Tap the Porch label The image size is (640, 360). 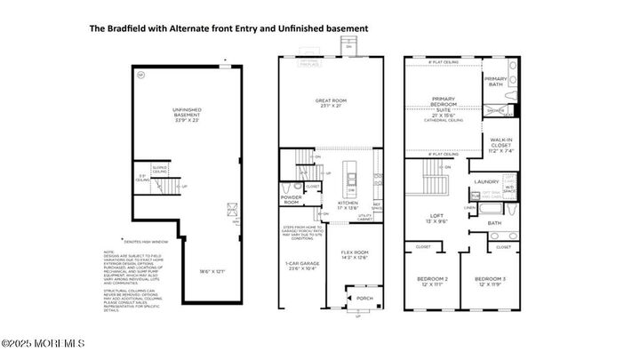[x=364, y=299]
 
